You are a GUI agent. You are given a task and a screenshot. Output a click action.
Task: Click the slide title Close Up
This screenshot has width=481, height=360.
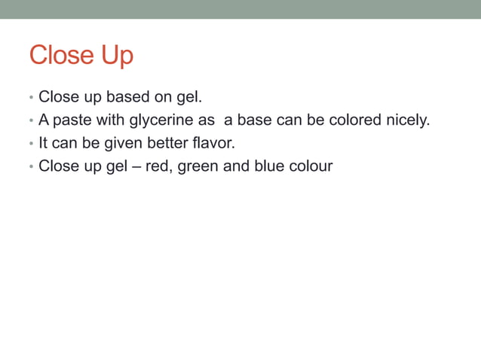(x=81, y=55)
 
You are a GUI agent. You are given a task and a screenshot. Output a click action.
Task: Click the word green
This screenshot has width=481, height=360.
(x=198, y=166)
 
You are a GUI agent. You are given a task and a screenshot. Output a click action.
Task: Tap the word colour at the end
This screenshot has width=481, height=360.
(x=311, y=166)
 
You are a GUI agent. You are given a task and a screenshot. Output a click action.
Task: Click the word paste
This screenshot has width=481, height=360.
(x=73, y=121)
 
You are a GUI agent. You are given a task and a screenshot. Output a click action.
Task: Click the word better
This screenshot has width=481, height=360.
(x=169, y=143)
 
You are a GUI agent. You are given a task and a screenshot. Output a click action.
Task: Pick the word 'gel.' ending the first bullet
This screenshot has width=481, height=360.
(x=190, y=98)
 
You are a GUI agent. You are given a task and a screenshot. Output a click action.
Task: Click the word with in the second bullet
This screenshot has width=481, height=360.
(x=110, y=121)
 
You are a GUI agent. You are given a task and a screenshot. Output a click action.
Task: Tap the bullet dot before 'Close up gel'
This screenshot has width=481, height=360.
(x=30, y=166)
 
